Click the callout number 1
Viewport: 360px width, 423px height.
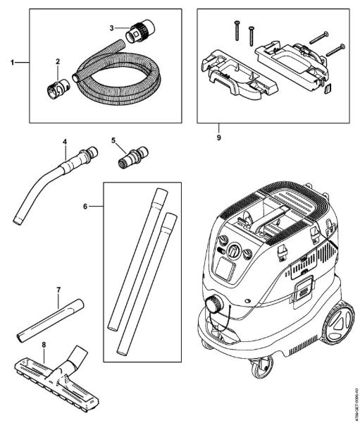pyautogui.click(x=12, y=63)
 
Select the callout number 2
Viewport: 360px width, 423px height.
pyautogui.click(x=58, y=61)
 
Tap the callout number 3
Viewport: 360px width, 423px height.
pyautogui.click(x=112, y=27)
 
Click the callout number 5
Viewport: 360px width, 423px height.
pyautogui.click(x=113, y=140)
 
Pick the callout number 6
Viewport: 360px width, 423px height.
pyautogui.click(x=86, y=207)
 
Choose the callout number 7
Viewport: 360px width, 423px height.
pyautogui.click(x=58, y=290)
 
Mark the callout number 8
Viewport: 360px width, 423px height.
pyautogui.click(x=44, y=344)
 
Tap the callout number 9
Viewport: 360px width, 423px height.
pyautogui.click(x=218, y=137)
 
